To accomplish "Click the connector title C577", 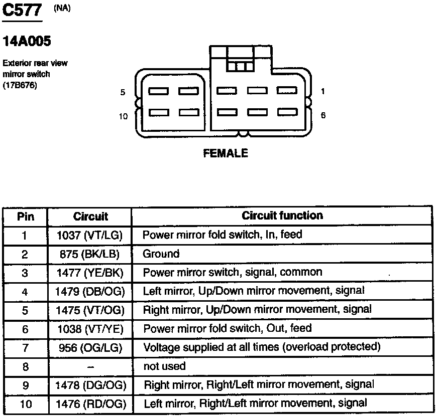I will pos(22,11).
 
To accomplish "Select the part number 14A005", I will pos(27,42).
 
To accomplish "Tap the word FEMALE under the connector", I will pos(226,153).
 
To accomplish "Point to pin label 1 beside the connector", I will pos(322,92).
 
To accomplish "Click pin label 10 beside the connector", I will pos(123,116).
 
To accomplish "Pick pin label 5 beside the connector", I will pos(123,93).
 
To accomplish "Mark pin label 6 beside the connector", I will pos(323,115).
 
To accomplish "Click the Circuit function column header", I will pos(282,216).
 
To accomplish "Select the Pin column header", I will pos(26,217).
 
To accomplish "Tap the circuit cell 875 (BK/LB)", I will pos(90,254).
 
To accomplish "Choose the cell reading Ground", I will pos(161,254).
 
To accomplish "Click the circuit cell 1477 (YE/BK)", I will pos(90,273).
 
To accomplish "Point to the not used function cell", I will pos(164,366).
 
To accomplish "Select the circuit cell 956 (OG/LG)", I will pos(90,347).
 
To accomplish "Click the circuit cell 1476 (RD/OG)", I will pos(90,403).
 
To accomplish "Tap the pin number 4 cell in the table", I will pos(25,291).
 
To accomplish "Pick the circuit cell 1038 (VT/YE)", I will pos(90,329).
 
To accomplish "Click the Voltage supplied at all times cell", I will pos(262,347).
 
